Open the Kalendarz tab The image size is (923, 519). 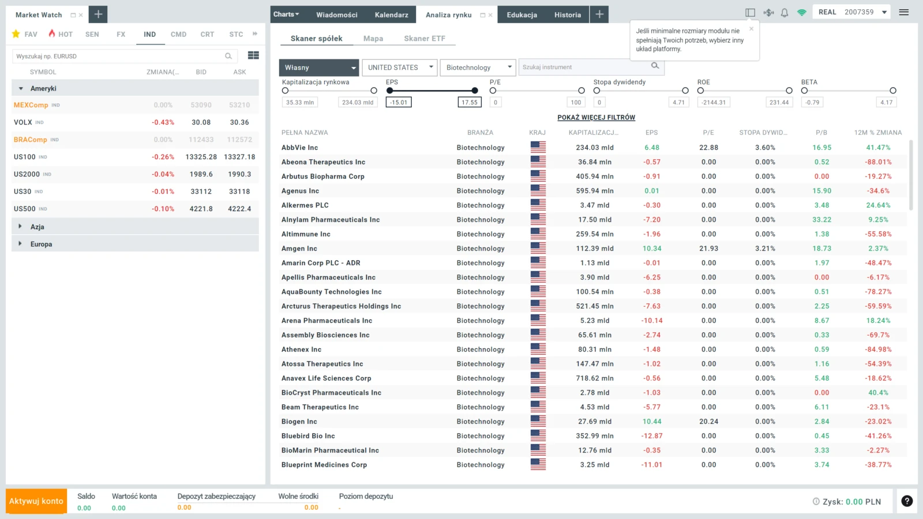392,15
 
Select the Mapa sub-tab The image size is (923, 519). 373,38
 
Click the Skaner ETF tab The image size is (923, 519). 425,38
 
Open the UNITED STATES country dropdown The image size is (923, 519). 399,67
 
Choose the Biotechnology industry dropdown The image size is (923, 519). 478,67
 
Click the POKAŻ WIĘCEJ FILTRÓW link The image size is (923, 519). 596,118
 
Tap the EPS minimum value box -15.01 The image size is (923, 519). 399,102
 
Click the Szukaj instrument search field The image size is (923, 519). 585,67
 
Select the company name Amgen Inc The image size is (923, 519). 299,249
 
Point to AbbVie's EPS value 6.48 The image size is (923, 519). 651,148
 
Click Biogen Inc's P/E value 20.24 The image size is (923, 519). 708,422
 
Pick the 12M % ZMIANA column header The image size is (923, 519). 877,133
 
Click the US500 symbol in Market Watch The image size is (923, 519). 25,209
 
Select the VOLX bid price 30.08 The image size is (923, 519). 201,122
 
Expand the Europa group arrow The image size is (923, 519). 20,244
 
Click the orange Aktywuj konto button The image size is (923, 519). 36,501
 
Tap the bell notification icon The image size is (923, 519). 785,13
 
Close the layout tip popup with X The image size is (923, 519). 751,29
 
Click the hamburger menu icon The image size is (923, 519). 903,12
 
